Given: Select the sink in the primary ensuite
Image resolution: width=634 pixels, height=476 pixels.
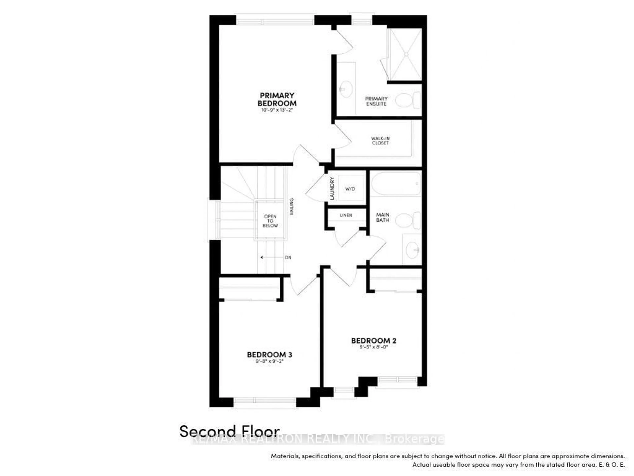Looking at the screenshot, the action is pyautogui.click(x=346, y=89).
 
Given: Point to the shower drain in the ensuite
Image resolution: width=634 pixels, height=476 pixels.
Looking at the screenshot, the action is pyautogui.click(x=406, y=54).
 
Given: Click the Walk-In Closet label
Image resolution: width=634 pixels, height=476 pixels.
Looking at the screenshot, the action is pyautogui.click(x=380, y=141).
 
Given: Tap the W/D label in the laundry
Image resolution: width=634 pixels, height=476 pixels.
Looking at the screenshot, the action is pyautogui.click(x=350, y=189).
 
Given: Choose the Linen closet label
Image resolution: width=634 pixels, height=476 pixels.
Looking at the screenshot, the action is pyautogui.click(x=346, y=215).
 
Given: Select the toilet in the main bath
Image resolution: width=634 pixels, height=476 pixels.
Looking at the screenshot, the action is pyautogui.click(x=408, y=220).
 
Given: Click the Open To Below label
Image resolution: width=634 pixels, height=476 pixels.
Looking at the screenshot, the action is pyautogui.click(x=270, y=221).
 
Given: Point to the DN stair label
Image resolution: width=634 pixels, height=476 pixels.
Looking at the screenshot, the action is pyautogui.click(x=288, y=257).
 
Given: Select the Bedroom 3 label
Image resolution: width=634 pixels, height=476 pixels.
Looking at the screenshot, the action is pyautogui.click(x=269, y=355).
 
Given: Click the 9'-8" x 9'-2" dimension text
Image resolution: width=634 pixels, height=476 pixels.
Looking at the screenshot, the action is pyautogui.click(x=269, y=361).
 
